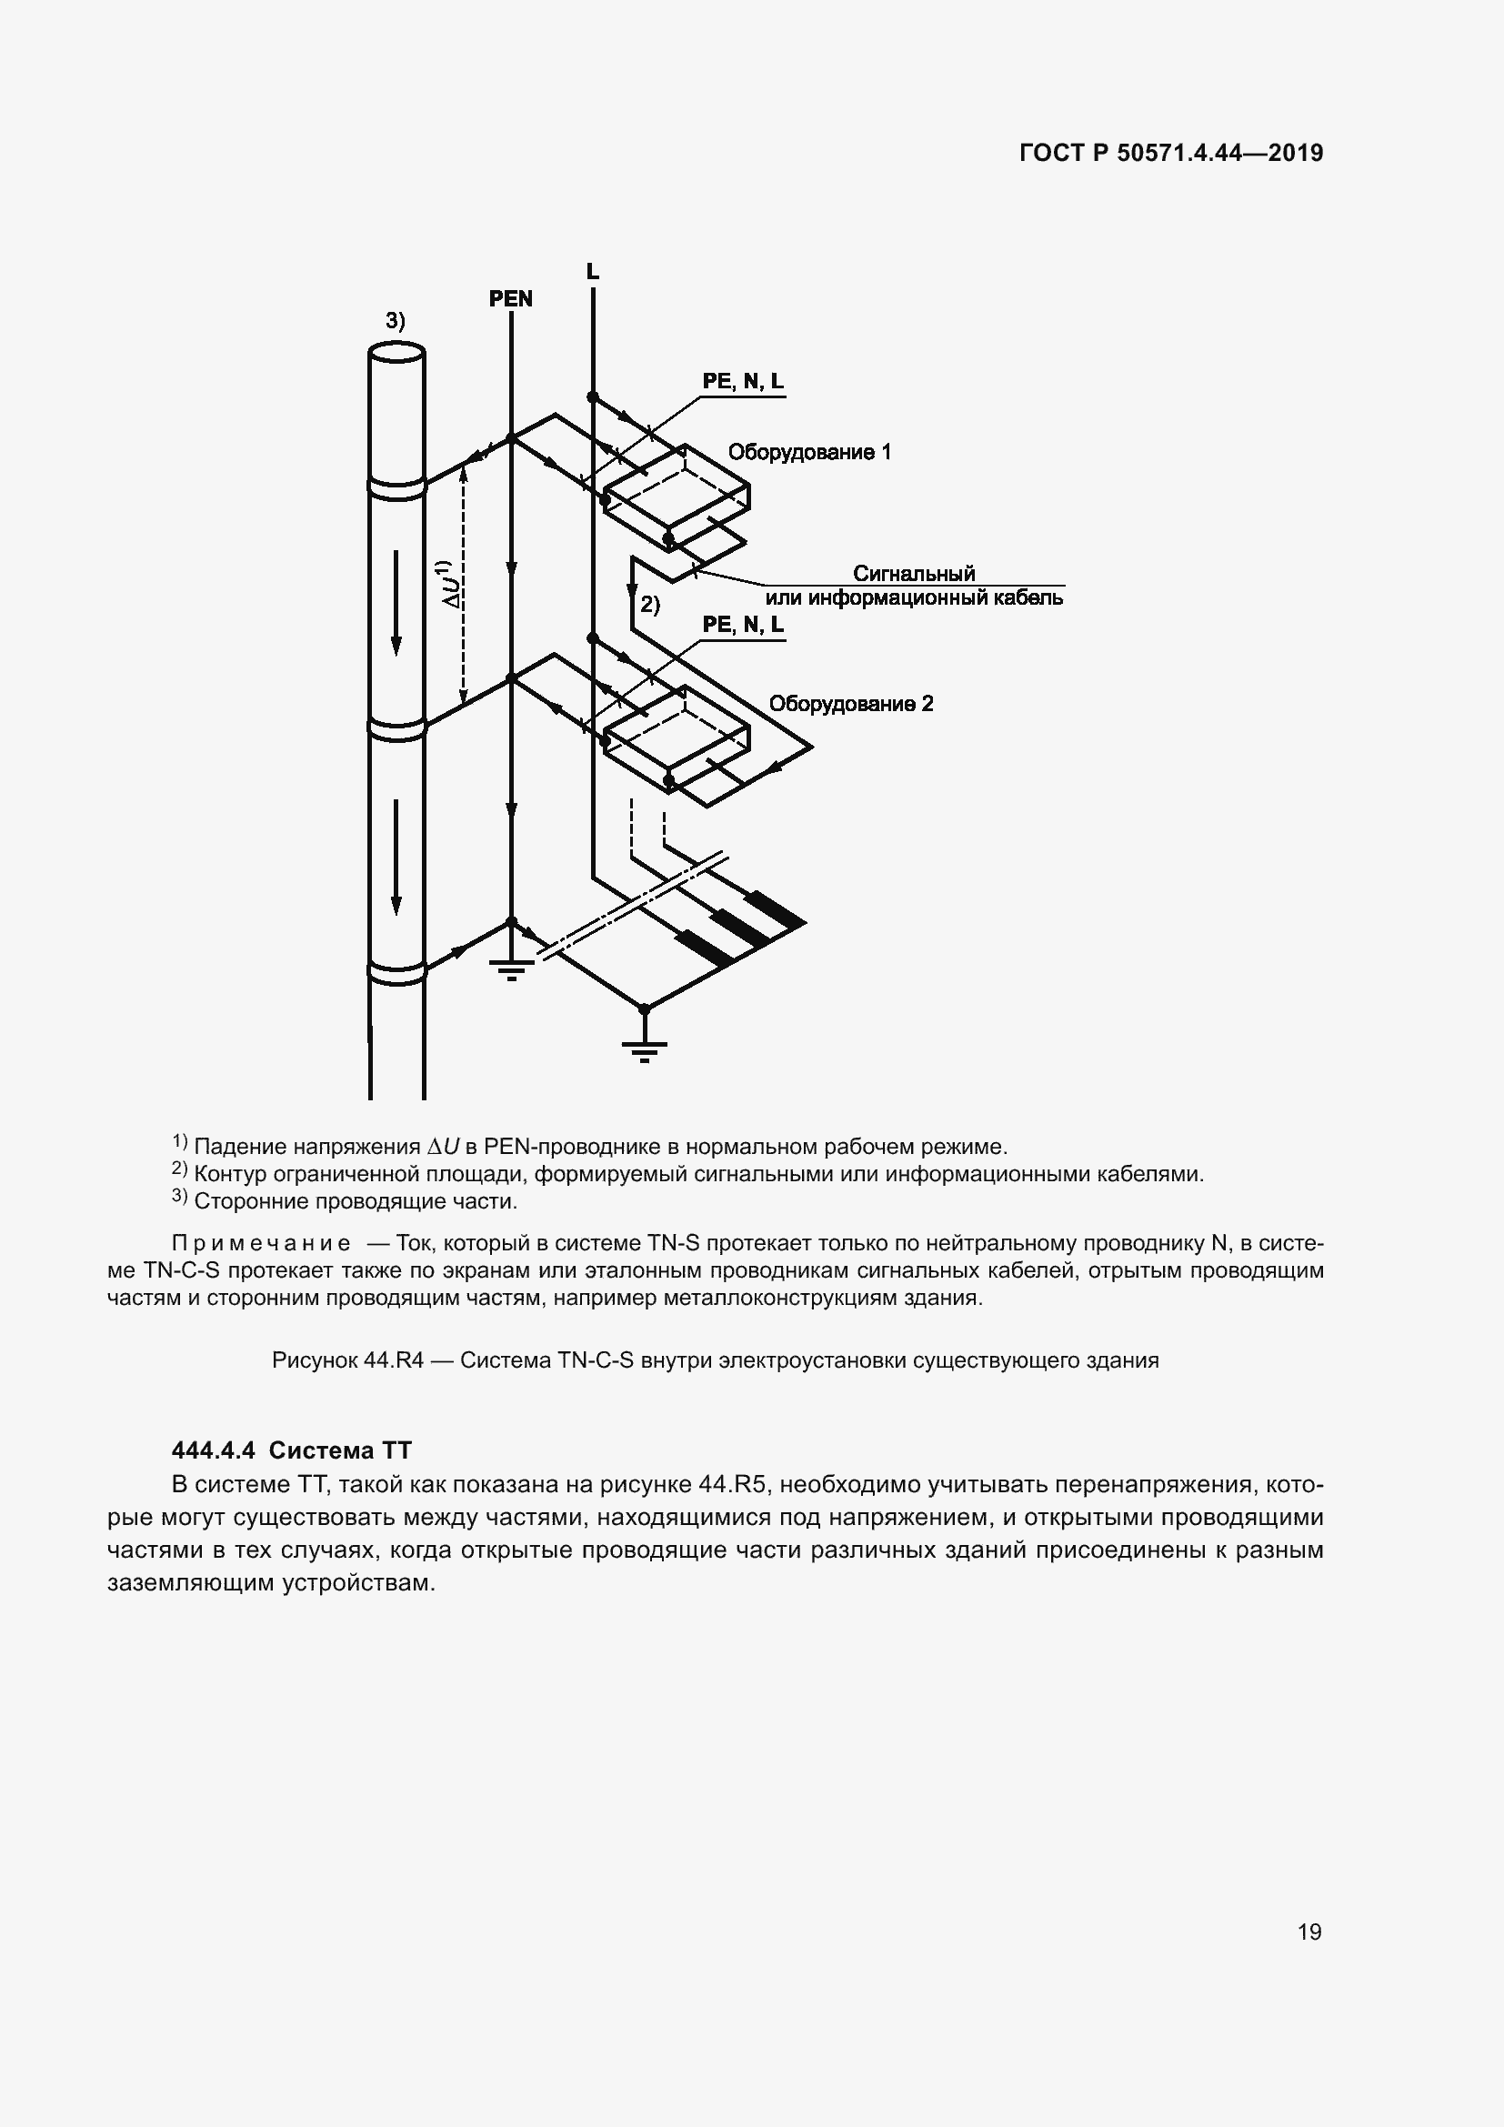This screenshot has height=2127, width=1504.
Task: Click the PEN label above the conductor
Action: point(510,298)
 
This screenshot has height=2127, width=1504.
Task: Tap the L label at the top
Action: point(593,271)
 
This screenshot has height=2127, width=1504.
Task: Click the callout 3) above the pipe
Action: point(396,320)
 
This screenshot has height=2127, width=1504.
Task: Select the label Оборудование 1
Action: point(808,452)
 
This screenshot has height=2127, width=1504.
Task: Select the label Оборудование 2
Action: point(850,703)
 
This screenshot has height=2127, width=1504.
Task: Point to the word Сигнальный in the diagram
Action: point(913,574)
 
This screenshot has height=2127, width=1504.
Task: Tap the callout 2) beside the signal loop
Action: point(650,605)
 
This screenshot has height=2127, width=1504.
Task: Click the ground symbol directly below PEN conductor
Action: point(511,969)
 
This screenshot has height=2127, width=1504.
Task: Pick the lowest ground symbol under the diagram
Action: point(645,1049)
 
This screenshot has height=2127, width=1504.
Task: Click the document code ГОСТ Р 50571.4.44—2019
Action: point(1170,153)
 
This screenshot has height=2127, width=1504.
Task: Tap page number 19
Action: point(1308,1932)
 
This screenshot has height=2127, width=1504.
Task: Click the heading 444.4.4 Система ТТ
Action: point(292,1450)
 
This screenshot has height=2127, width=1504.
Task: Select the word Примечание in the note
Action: point(261,1243)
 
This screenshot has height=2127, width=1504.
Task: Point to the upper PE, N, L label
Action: point(743,381)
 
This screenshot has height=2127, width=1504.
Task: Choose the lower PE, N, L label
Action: point(743,625)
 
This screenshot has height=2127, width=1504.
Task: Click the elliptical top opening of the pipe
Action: point(396,353)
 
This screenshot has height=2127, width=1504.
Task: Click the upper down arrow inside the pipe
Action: point(396,602)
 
